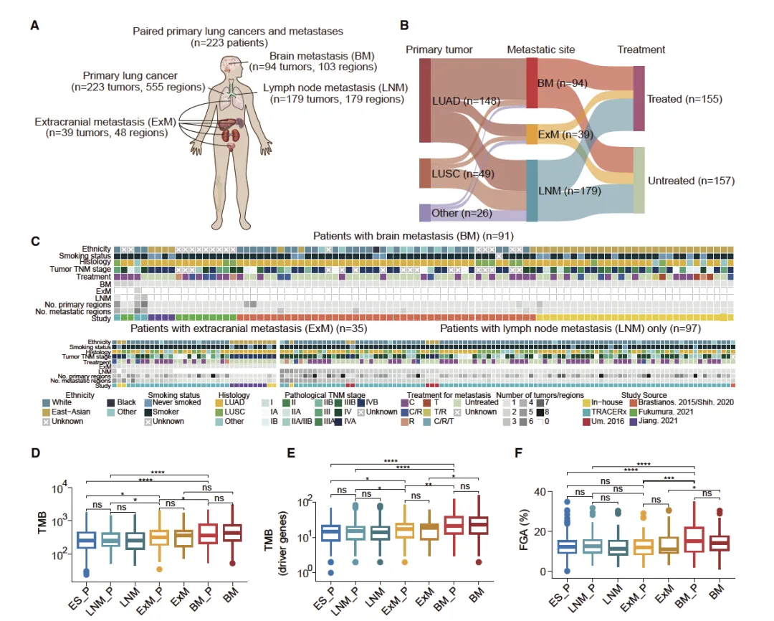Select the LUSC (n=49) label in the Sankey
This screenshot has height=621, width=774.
point(464,173)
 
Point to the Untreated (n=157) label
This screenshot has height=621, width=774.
point(691,181)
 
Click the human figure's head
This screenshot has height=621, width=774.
point(229,67)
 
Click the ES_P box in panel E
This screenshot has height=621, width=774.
point(331,532)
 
